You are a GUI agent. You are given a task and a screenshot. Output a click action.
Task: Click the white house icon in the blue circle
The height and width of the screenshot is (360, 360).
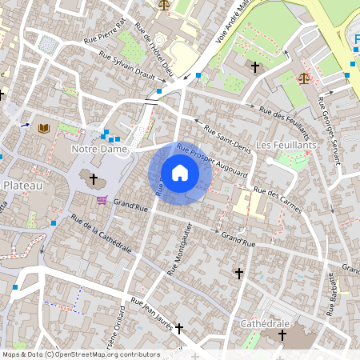point(180,172)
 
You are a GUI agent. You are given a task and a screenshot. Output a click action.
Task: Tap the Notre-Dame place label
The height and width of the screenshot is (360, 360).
point(100,150)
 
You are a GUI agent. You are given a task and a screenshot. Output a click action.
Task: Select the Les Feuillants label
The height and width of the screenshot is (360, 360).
point(286,145)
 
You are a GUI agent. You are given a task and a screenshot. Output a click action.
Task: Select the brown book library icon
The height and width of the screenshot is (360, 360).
point(43,128)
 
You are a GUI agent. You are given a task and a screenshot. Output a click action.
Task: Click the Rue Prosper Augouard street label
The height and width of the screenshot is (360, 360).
point(212,160)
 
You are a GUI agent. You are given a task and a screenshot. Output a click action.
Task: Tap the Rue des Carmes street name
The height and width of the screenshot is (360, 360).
point(278,200)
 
